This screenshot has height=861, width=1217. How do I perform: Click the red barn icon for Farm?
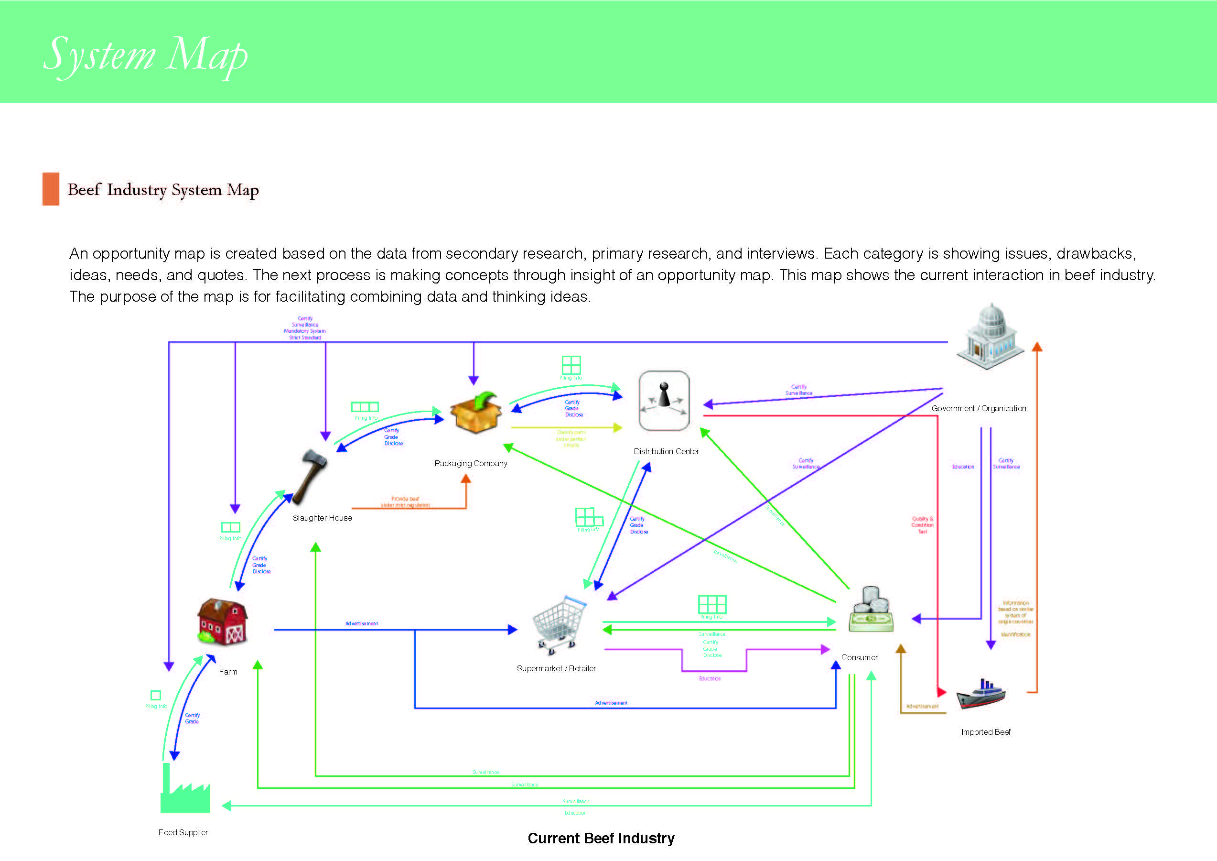point(222,621)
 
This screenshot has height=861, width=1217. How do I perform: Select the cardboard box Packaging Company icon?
point(475,413)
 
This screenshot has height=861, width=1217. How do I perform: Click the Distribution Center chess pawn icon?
point(664,401)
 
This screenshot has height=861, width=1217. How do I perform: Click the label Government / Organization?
point(979,408)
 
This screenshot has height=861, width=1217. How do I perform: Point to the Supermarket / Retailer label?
point(556,668)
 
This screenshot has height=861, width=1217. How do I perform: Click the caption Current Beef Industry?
point(601,838)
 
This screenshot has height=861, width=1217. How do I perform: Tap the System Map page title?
point(146,55)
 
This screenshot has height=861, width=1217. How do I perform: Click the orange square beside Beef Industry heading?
point(51,189)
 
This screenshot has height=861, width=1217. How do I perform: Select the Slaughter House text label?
point(322,518)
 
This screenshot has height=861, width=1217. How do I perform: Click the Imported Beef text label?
point(985,732)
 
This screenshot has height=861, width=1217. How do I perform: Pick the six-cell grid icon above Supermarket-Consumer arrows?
point(712,604)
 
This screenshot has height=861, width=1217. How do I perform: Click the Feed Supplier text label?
point(183,832)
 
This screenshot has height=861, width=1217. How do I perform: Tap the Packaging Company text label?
point(471,463)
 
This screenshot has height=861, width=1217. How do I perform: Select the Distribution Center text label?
point(666,451)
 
